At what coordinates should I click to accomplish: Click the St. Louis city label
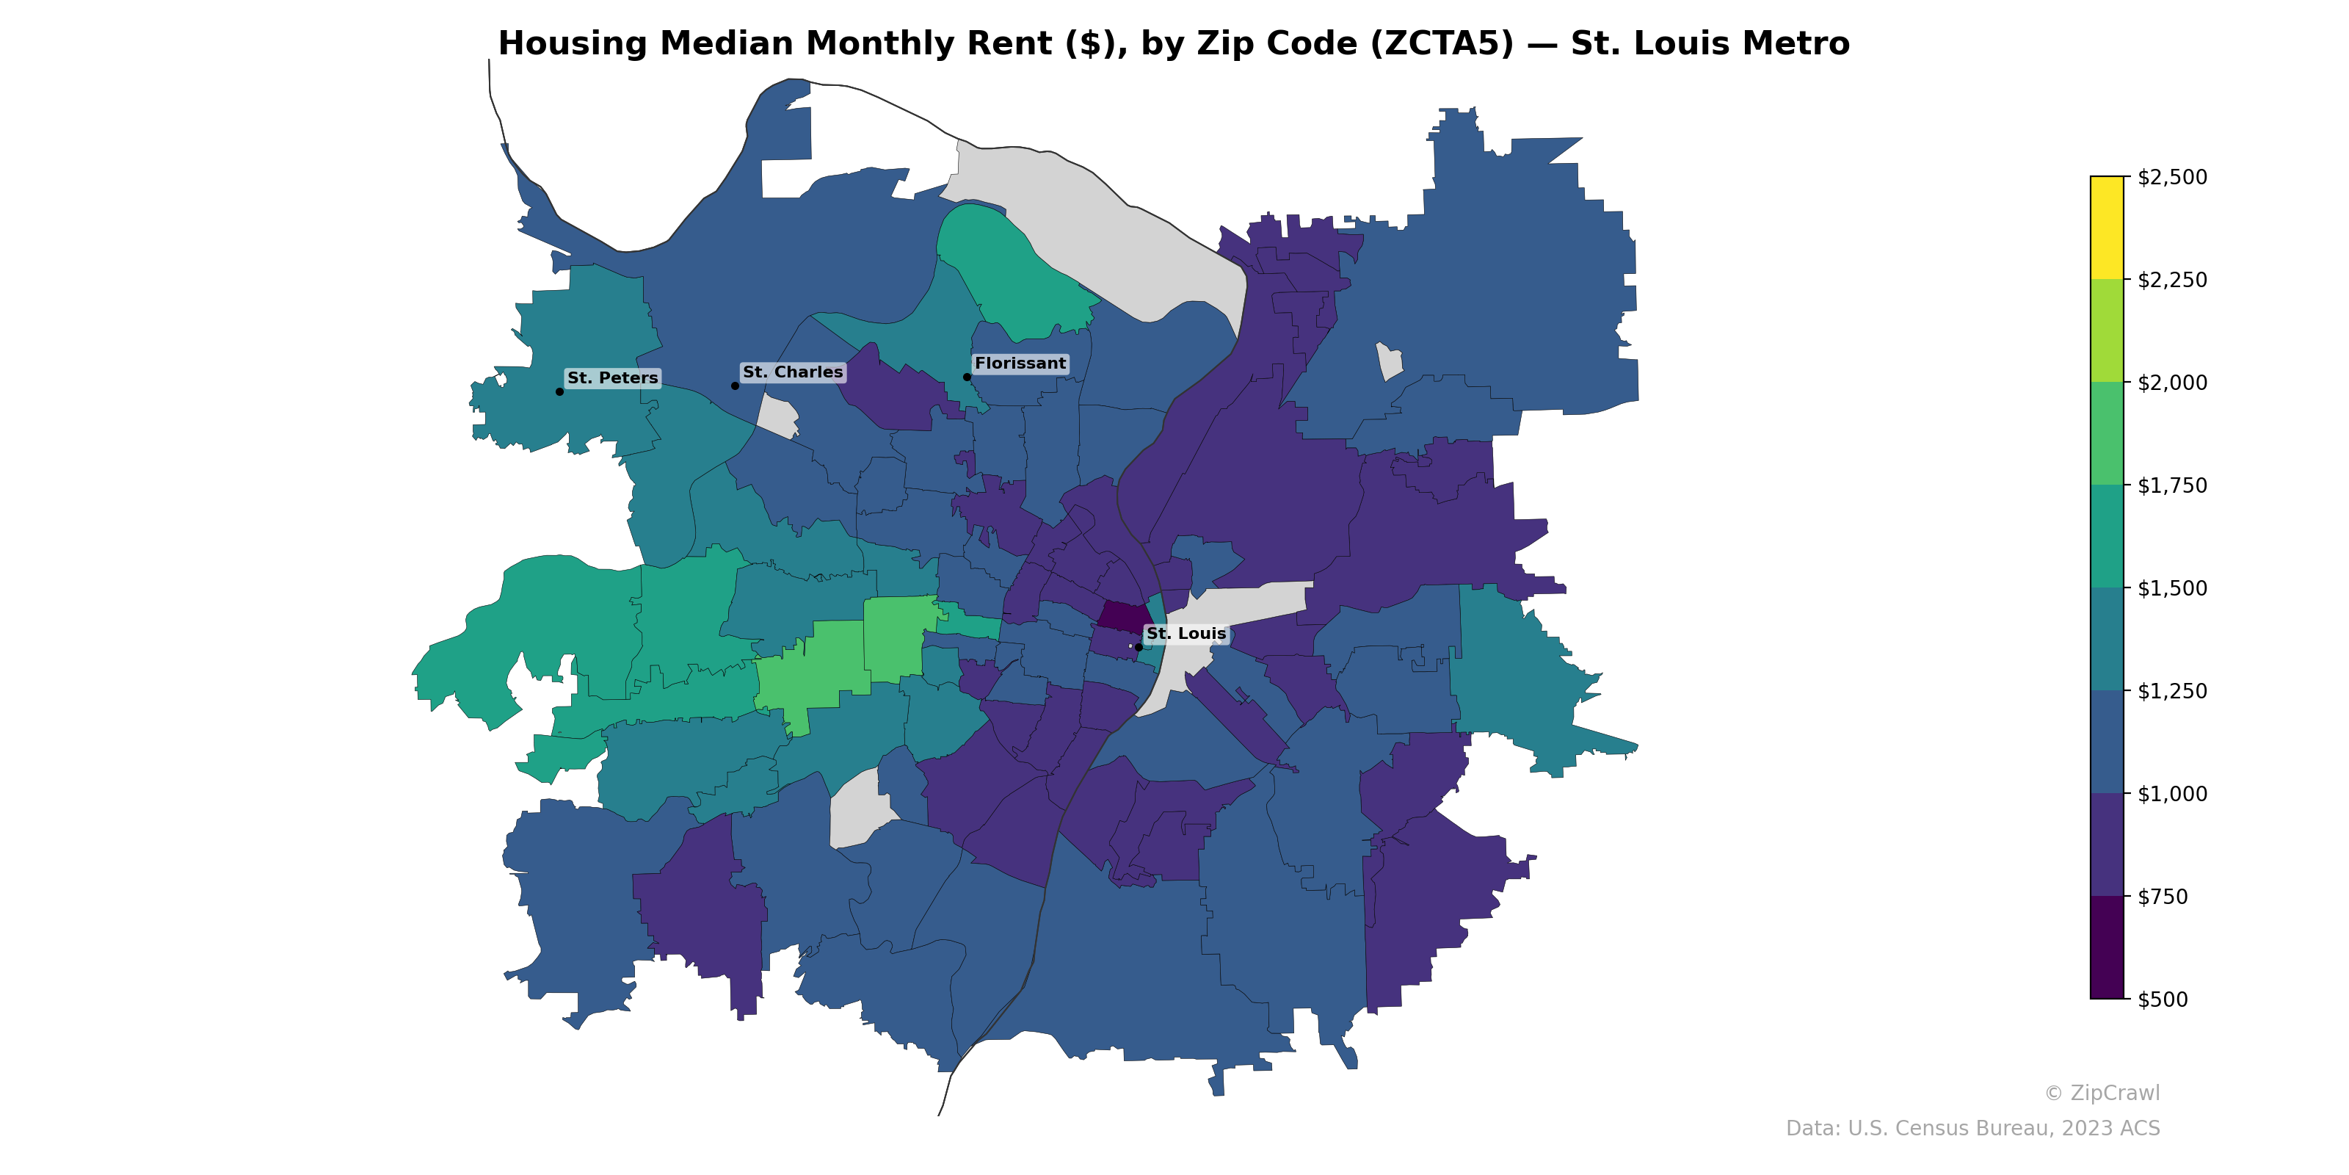[1186, 633]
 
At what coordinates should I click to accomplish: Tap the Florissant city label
[1020, 363]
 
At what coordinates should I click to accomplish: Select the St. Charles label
[793, 372]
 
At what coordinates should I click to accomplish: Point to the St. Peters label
[612, 377]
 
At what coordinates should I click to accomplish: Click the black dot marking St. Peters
[559, 391]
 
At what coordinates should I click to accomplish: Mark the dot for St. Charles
[735, 386]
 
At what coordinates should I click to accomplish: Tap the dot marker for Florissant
[967, 377]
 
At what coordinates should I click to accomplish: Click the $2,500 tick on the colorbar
[2172, 177]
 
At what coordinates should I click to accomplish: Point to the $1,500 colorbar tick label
[2172, 588]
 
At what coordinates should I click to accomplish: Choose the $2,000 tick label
[2172, 382]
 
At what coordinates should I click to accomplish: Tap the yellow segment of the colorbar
[2107, 227]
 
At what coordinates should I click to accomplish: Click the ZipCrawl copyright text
[2102, 1093]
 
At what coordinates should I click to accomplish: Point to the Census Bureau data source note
[1972, 1129]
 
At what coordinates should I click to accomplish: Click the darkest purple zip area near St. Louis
[1122, 616]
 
